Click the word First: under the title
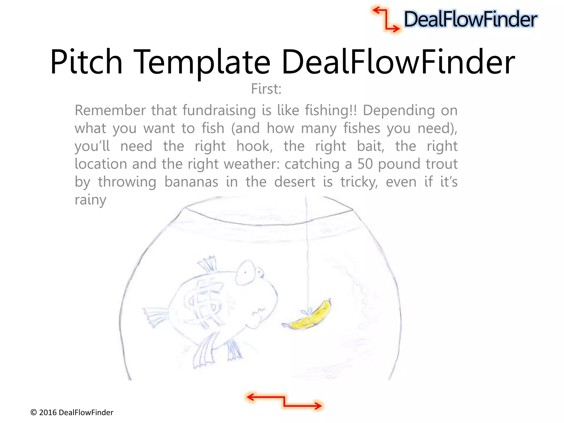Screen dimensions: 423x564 click(266, 89)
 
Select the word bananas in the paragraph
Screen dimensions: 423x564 click(191, 182)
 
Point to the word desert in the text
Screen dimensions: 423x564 click(295, 182)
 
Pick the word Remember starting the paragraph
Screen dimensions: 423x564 click(110, 110)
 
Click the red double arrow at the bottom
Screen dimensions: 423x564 click(284, 401)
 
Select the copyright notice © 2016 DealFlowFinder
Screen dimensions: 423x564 click(72, 412)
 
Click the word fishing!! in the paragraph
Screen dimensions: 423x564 click(331, 110)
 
